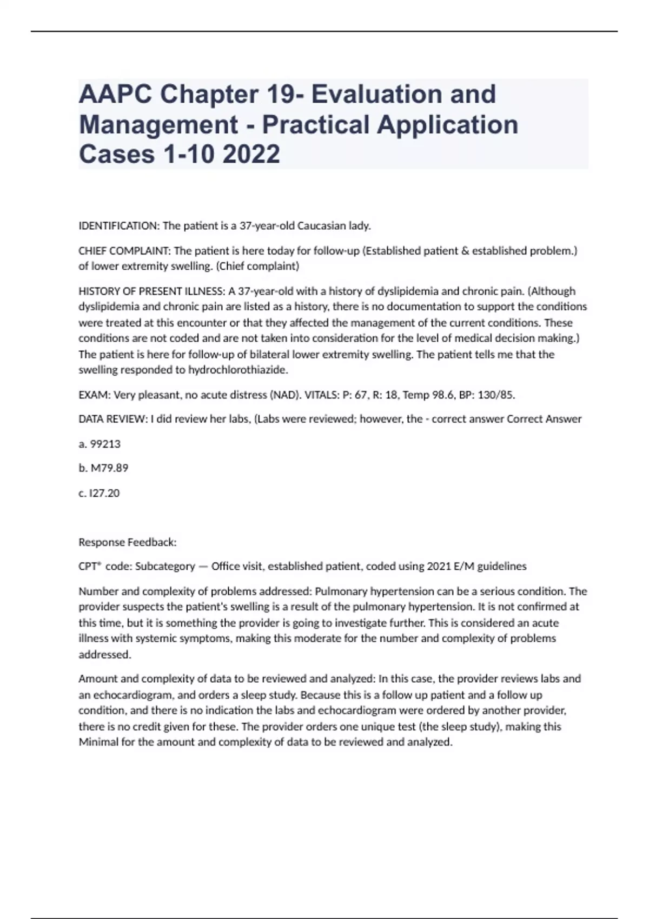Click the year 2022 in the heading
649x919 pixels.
[x=251, y=154]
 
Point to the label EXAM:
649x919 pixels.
[x=94, y=395]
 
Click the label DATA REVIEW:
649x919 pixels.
[x=113, y=419]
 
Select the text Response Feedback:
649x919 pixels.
[x=128, y=542]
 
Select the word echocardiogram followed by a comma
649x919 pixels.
[x=137, y=695]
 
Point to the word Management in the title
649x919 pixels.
[x=158, y=124]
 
